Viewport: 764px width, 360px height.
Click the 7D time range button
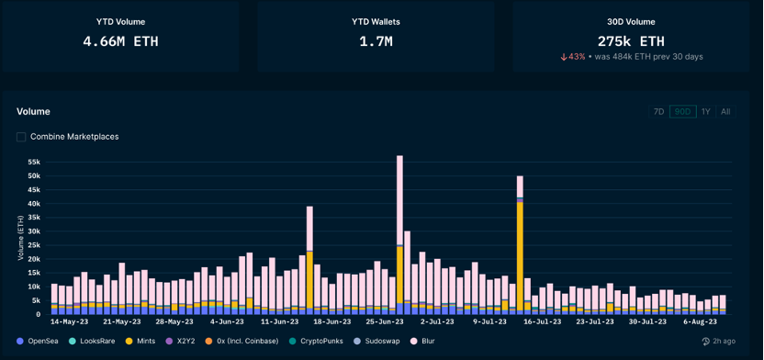pos(658,111)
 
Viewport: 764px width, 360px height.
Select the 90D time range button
pos(682,111)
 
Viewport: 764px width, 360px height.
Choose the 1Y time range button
pos(705,111)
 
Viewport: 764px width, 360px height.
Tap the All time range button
pos(725,111)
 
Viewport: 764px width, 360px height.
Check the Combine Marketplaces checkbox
pos(21,137)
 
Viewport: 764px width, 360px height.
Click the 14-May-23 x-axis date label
pos(68,322)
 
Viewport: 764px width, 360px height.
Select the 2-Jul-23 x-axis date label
pos(437,322)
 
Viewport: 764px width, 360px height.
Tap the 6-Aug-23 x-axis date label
pos(700,322)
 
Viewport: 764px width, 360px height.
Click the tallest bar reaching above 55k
pos(400,235)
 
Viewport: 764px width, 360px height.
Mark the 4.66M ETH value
pos(120,41)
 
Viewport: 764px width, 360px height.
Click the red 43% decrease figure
pos(573,57)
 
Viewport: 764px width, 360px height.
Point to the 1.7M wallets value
pos(376,41)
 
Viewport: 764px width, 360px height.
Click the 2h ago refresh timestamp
pos(719,341)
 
